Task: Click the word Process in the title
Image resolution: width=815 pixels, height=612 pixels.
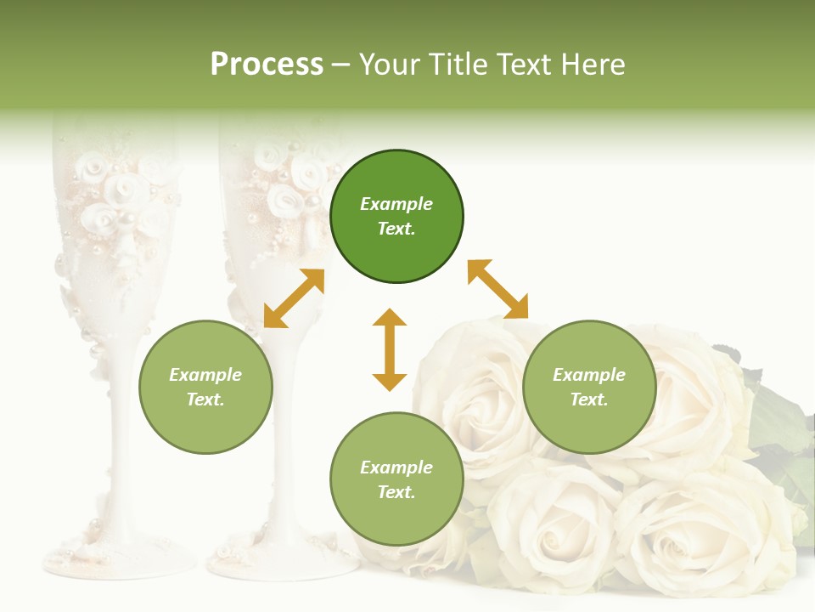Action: [267, 65]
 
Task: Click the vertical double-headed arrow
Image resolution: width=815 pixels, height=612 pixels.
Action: [390, 349]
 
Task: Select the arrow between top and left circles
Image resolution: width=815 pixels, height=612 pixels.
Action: [294, 298]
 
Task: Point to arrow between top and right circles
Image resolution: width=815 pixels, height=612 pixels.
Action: [497, 289]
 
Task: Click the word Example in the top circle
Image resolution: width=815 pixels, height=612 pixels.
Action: [396, 204]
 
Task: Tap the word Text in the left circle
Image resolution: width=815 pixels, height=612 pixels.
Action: [205, 399]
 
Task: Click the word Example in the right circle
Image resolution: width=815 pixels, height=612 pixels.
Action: [589, 375]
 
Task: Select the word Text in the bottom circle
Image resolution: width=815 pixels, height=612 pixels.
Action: [396, 492]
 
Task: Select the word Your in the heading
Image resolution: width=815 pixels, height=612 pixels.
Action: [391, 65]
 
